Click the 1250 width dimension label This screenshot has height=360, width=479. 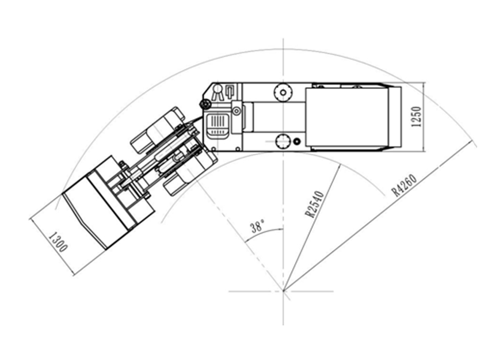click(x=416, y=117)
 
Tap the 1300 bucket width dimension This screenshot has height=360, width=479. click(x=57, y=242)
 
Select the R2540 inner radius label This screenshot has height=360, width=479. click(x=314, y=204)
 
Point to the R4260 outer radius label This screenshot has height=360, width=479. click(x=405, y=185)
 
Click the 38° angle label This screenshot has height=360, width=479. click(x=257, y=228)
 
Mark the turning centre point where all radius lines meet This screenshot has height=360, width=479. click(x=283, y=291)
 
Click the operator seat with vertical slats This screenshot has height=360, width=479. click(x=218, y=126)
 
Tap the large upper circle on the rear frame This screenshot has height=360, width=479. click(x=283, y=92)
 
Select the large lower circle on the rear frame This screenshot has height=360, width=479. click(x=283, y=141)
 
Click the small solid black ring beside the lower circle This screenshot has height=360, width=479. click(x=296, y=141)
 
